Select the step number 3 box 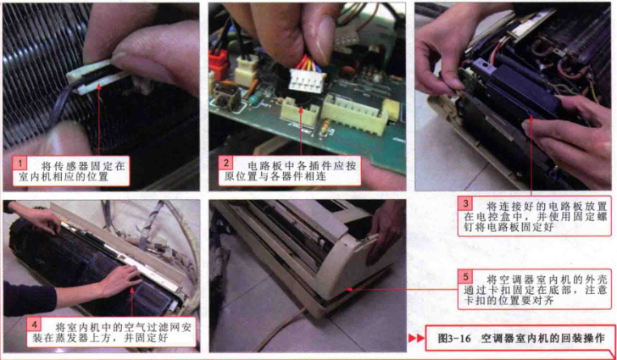pyautogui.click(x=466, y=204)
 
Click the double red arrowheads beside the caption pyautogui.click(x=416, y=338)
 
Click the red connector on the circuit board pyautogui.click(x=219, y=63)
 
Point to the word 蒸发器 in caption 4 pyautogui.click(x=79, y=338)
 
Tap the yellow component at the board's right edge pyautogui.click(x=391, y=110)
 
